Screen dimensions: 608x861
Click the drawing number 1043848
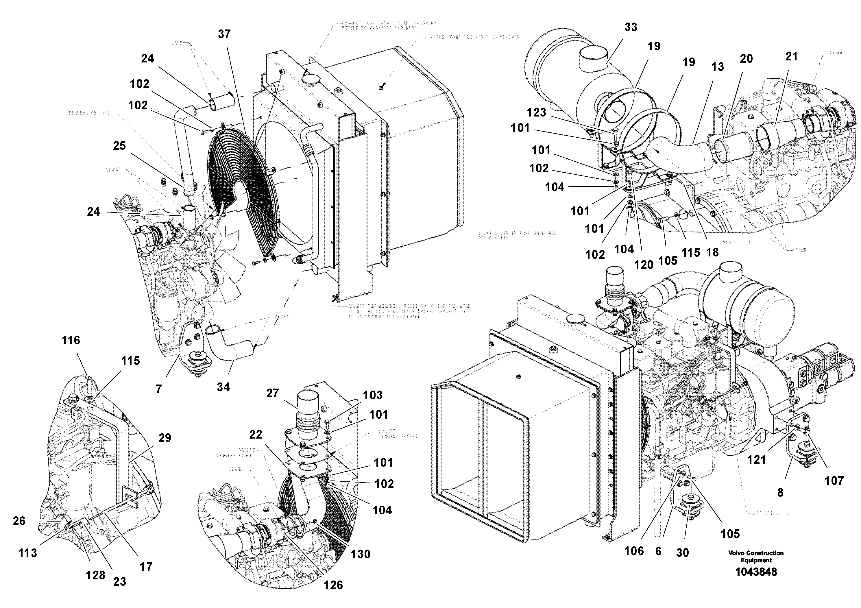pos(756,572)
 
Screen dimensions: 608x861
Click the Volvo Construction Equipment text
pos(756,557)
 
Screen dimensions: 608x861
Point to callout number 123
pos(536,112)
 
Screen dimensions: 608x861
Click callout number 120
pos(644,265)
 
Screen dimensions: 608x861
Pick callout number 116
pos(71,340)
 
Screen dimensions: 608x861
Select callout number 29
pos(165,438)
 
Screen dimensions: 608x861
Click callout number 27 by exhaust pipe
pos(273,393)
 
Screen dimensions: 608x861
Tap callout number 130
pos(360,554)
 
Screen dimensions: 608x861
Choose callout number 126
pos(333,585)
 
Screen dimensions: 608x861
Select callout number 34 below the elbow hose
pos(223,387)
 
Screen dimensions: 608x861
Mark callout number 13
pos(717,67)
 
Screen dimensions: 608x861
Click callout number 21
pos(791,57)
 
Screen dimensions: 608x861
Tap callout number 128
pos(95,575)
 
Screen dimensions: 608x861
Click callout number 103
pos(372,395)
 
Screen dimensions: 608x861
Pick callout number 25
pos(119,146)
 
